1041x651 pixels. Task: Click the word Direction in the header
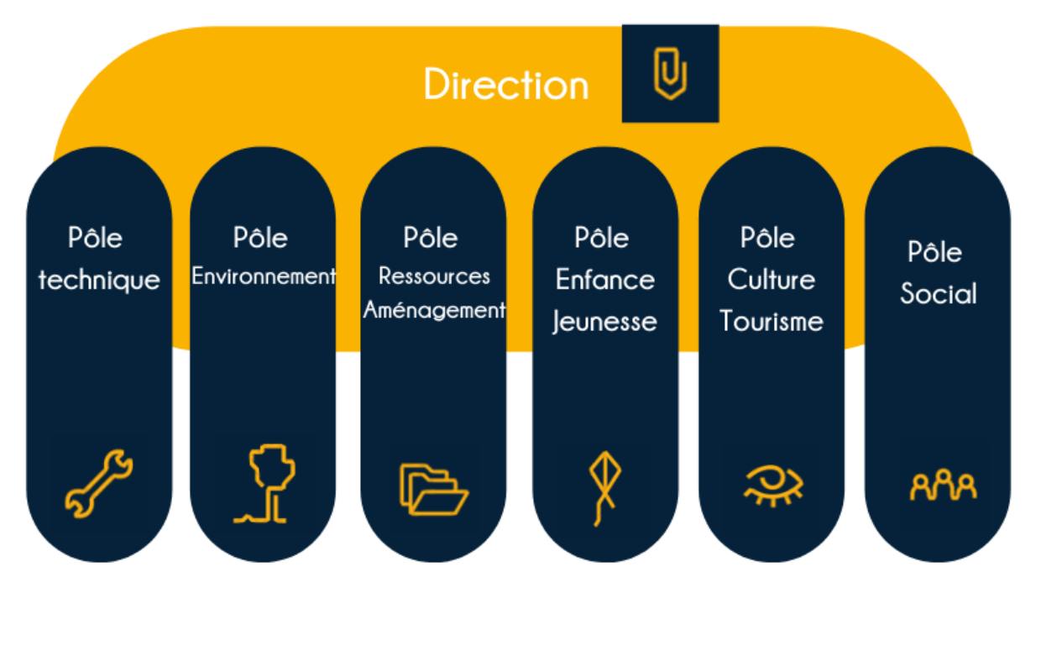coord(506,85)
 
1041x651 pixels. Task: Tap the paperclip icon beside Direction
coord(670,73)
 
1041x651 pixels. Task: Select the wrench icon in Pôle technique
coord(99,484)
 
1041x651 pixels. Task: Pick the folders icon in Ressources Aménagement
coord(434,489)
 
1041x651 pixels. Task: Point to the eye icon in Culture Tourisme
coord(773,484)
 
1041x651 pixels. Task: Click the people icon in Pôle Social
coord(944,486)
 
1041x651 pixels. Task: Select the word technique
coord(99,281)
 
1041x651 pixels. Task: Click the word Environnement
coord(264,276)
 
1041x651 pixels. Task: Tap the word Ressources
coord(434,276)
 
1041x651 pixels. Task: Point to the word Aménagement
coord(434,310)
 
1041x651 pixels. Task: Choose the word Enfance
coord(605,280)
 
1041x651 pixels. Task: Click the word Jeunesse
coord(604,323)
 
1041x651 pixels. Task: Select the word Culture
coord(772,280)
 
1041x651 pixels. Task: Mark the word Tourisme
coord(772,322)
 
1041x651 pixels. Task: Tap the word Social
coord(939,293)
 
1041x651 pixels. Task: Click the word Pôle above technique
coord(95,237)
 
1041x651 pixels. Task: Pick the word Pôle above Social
coord(934,251)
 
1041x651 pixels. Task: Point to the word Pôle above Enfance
coord(601,237)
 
